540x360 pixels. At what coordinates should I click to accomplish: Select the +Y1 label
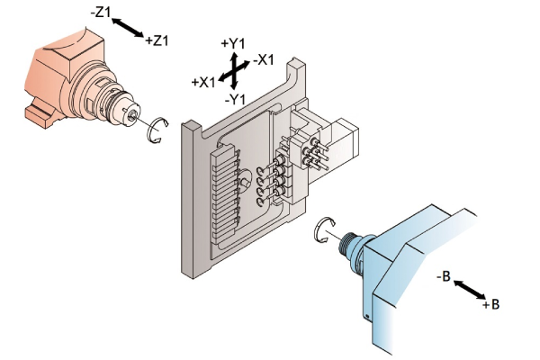[x=233, y=42]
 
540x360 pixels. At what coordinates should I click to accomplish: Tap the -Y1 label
[x=235, y=98]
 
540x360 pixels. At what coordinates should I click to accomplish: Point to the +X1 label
[x=204, y=82]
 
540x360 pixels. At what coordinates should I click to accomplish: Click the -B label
[x=443, y=276]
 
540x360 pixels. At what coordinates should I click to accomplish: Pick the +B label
[x=490, y=305]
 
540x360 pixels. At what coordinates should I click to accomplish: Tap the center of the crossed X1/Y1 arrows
[x=233, y=70]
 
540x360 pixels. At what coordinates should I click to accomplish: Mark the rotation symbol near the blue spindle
[x=323, y=231]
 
